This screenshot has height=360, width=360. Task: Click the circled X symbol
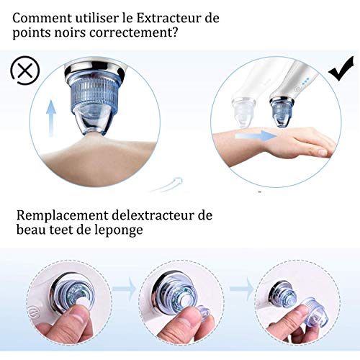coord(24,71)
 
